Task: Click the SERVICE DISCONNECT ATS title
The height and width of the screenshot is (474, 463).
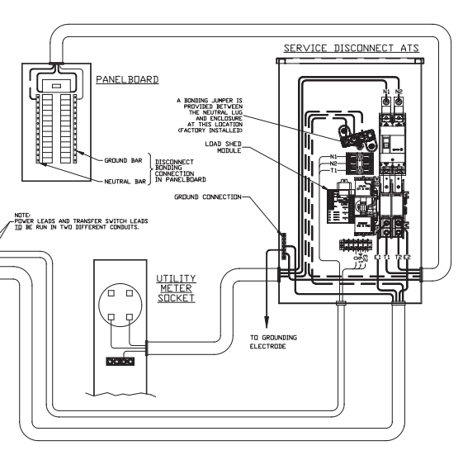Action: [352, 49]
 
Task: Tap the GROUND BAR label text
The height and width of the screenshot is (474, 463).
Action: [125, 160]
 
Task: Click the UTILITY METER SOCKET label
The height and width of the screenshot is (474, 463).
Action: [176, 285]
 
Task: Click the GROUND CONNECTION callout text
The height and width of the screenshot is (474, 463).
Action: [208, 197]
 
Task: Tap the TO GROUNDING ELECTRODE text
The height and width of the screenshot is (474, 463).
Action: [276, 342]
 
